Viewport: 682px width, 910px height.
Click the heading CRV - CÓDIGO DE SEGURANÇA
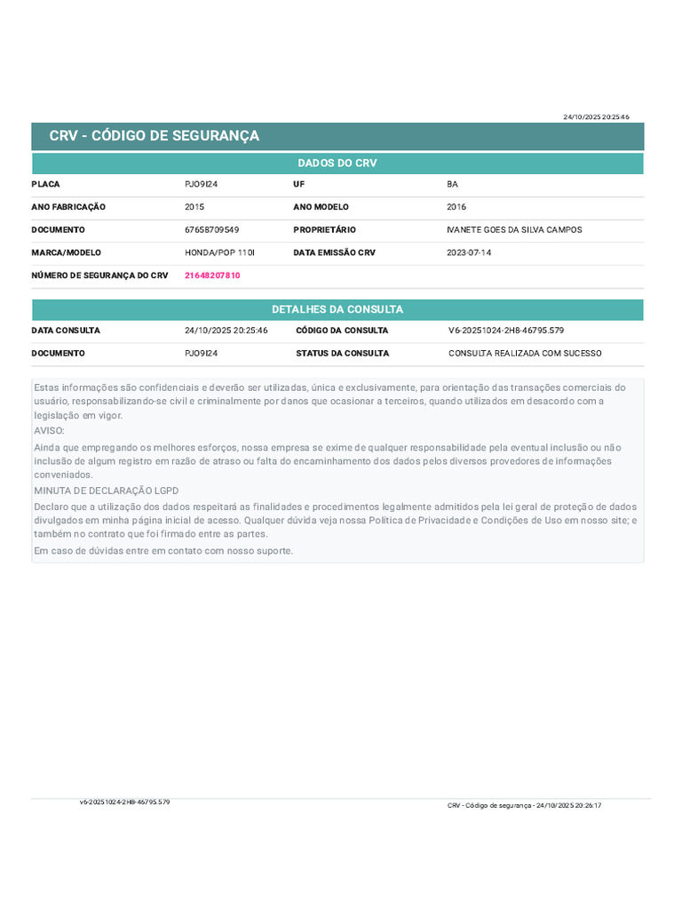tap(155, 136)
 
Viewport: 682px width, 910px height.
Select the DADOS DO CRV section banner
tap(337, 164)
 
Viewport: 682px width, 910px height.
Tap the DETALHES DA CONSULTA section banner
tap(337, 309)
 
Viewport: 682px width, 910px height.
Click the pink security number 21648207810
tap(212, 275)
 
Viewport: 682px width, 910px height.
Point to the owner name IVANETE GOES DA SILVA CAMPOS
tap(514, 230)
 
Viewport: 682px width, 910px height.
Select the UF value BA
tap(452, 184)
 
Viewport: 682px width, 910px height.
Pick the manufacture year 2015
tap(194, 207)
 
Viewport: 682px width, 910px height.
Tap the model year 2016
tap(456, 207)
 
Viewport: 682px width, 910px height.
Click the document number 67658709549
tap(211, 230)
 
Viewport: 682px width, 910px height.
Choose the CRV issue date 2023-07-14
tap(468, 252)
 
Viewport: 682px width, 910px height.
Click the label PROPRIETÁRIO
tap(324, 230)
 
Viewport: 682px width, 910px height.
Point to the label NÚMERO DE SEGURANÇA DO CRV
tap(99, 275)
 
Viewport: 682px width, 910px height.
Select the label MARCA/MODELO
tap(67, 252)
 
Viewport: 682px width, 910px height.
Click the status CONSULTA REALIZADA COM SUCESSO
tap(525, 353)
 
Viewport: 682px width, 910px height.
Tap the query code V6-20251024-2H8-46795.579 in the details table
tap(506, 331)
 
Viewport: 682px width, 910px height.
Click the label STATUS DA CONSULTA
tap(342, 353)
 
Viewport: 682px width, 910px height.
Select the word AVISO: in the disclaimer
tap(49, 430)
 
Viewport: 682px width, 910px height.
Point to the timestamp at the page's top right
tap(596, 116)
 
